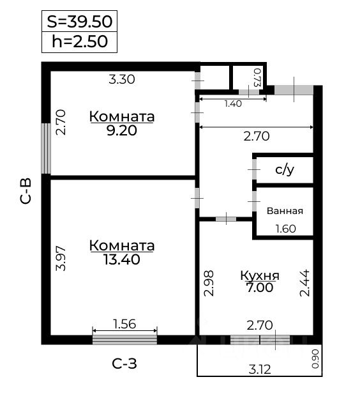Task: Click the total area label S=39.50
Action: click(x=79, y=21)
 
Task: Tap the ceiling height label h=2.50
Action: click(x=79, y=42)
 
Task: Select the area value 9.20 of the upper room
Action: click(x=122, y=130)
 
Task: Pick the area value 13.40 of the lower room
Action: click(x=122, y=259)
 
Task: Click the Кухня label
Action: click(x=260, y=275)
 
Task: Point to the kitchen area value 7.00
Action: click(x=260, y=288)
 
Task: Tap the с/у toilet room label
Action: click(x=284, y=170)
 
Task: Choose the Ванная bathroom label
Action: click(x=285, y=211)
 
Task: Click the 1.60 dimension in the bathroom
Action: click(x=285, y=229)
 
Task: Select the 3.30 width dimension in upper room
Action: click(x=121, y=80)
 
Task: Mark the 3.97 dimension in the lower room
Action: click(x=61, y=258)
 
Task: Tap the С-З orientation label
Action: click(x=124, y=364)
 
